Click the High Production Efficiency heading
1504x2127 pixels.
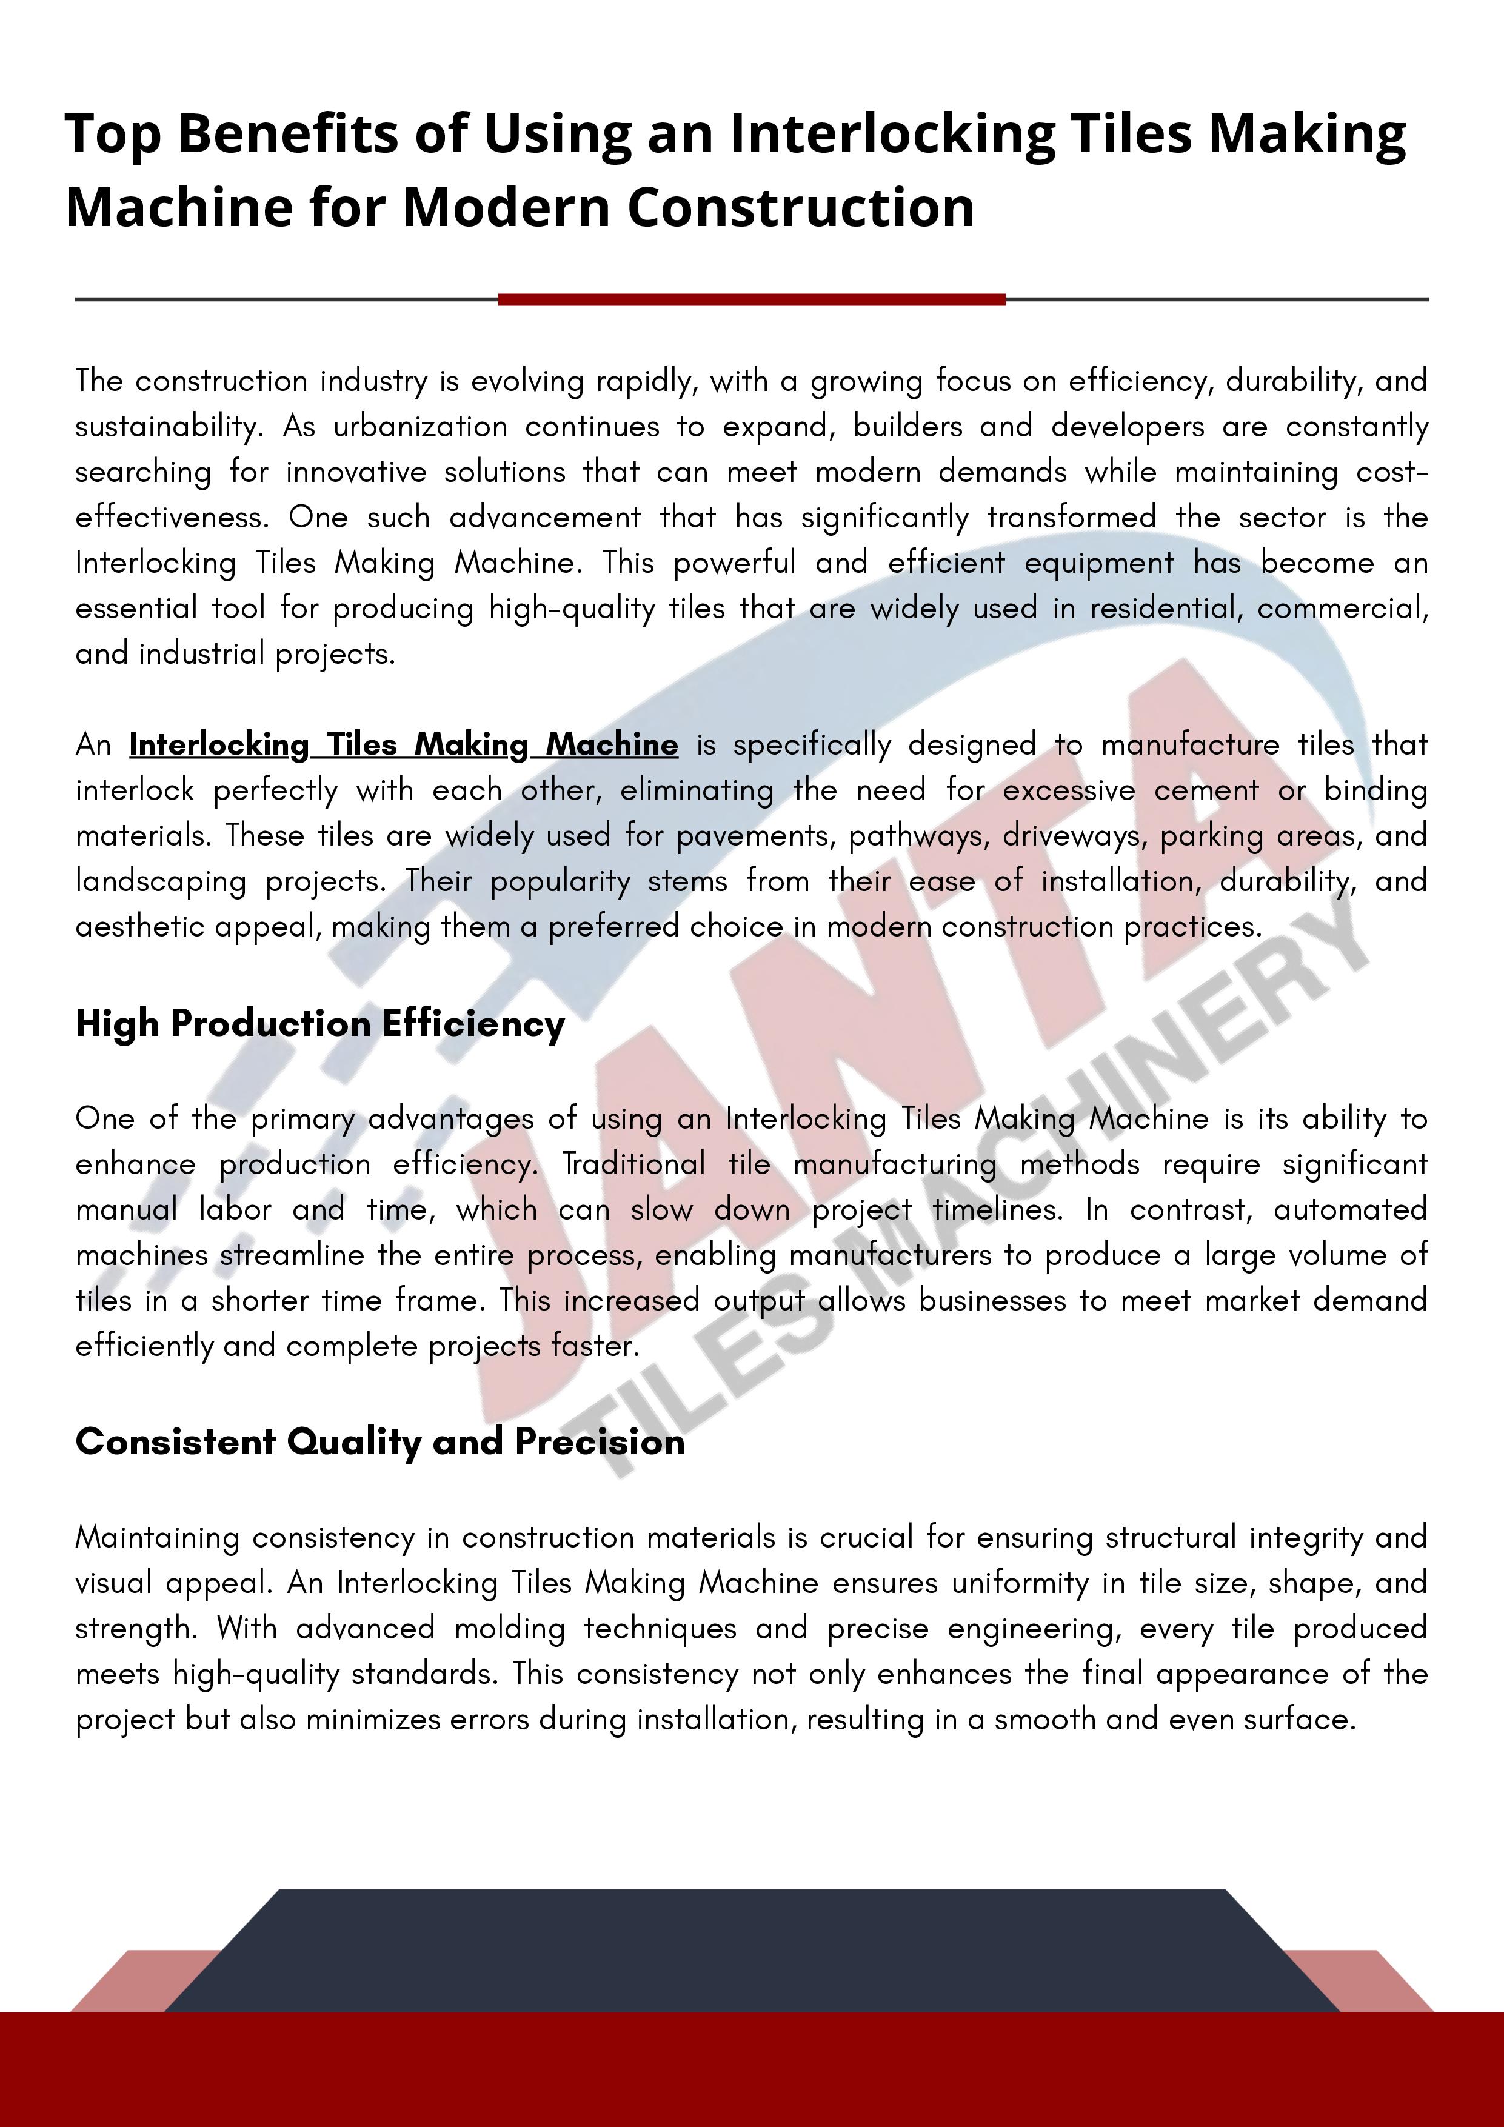(319, 1024)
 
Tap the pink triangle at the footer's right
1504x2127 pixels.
(1371, 1983)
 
